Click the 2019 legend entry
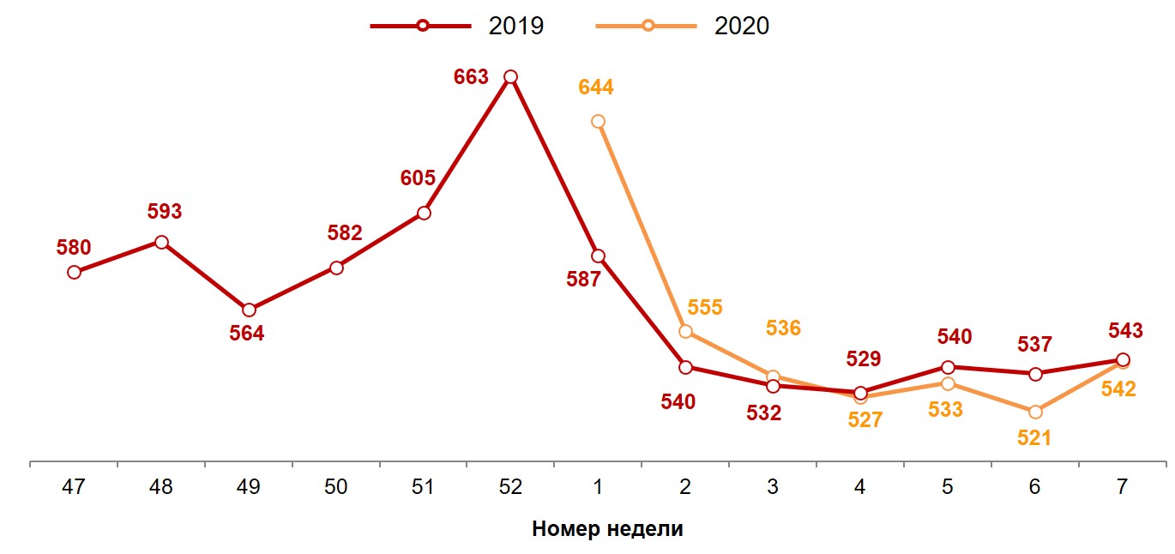point(458,26)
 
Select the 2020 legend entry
point(683,26)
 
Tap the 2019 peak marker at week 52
point(510,77)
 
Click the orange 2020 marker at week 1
point(598,122)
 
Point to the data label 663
point(471,77)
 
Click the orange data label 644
point(596,87)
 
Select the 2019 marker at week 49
point(249,310)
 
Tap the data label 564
point(247,334)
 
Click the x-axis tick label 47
point(74,487)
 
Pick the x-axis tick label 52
point(510,487)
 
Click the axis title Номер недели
point(607,528)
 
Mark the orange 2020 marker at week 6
point(1035,412)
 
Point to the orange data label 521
point(1033,437)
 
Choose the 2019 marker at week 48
point(161,242)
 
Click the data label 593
point(165,212)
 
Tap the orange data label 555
point(705,307)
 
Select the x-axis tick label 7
point(1123,487)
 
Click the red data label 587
point(584,280)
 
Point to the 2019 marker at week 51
point(423,213)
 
